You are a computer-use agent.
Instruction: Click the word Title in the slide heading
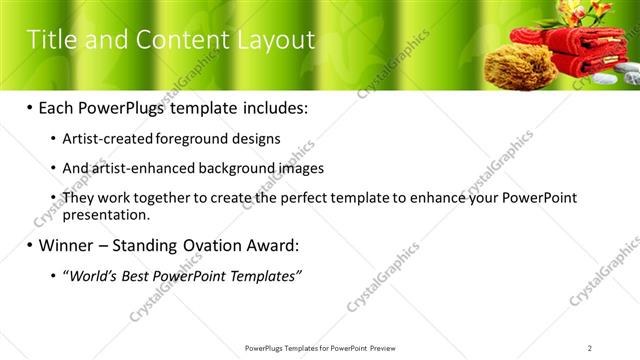click(49, 40)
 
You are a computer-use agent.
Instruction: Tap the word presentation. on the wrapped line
click(106, 214)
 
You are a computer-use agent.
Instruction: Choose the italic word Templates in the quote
click(263, 275)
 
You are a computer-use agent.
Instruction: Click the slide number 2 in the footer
click(591, 347)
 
